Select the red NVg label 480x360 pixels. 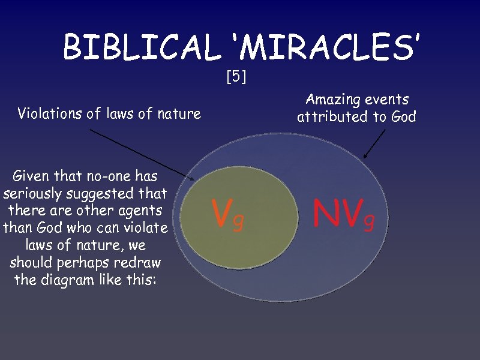coord(344,214)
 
